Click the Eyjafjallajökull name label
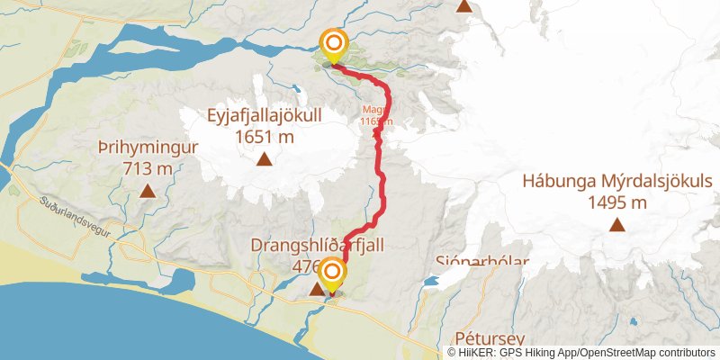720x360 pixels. point(265,118)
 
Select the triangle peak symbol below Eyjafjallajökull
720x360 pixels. point(265,160)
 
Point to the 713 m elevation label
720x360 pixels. point(148,168)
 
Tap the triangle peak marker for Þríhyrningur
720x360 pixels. point(148,191)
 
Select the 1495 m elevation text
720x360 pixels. point(617,202)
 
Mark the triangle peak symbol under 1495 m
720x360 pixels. point(617,224)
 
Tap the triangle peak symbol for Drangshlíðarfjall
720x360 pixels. point(316,290)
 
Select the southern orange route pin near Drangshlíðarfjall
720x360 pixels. point(333,274)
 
